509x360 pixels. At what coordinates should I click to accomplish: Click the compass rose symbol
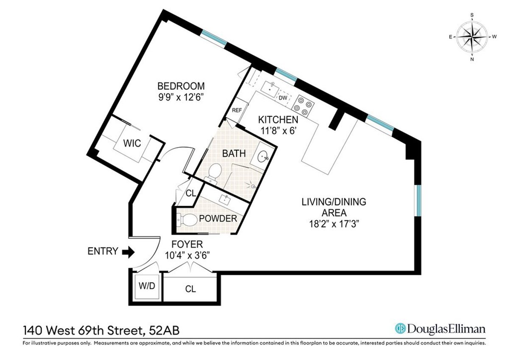pyautogui.click(x=472, y=37)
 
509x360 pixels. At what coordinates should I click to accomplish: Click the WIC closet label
pyautogui.click(x=132, y=143)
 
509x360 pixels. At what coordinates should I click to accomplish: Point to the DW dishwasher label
pyautogui.click(x=283, y=98)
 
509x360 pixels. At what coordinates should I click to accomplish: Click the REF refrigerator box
pyautogui.click(x=237, y=110)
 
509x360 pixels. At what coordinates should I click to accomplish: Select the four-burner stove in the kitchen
pyautogui.click(x=304, y=104)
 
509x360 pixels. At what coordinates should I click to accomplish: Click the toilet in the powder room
pyautogui.click(x=185, y=219)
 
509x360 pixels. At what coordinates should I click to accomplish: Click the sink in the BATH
pyautogui.click(x=263, y=157)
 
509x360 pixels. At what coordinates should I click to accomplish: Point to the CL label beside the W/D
pyautogui.click(x=190, y=289)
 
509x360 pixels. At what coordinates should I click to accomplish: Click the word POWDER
pyautogui.click(x=218, y=219)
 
